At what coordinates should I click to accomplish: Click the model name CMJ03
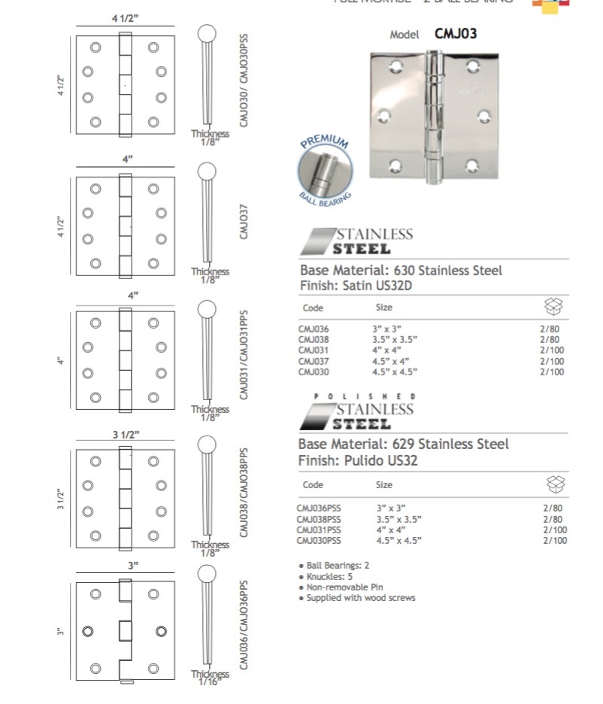tap(456, 33)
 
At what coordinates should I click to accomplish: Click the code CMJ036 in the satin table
tap(314, 329)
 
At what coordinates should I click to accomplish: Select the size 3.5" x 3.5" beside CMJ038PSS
tap(398, 519)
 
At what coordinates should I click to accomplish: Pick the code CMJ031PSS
tap(319, 530)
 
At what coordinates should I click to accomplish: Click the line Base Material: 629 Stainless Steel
tap(403, 444)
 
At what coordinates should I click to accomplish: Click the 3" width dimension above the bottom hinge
tap(133, 565)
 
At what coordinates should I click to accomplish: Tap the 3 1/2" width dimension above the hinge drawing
tap(126, 434)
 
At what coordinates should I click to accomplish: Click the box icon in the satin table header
tap(553, 307)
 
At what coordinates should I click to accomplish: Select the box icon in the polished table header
tap(555, 484)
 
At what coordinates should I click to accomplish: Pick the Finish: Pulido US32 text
tap(357, 460)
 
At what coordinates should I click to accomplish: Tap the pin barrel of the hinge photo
tap(434, 117)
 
